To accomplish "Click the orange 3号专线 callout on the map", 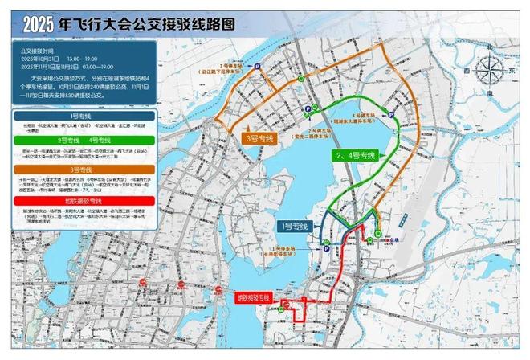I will click(x=259, y=138).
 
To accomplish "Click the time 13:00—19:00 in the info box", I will click(x=83, y=59).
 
